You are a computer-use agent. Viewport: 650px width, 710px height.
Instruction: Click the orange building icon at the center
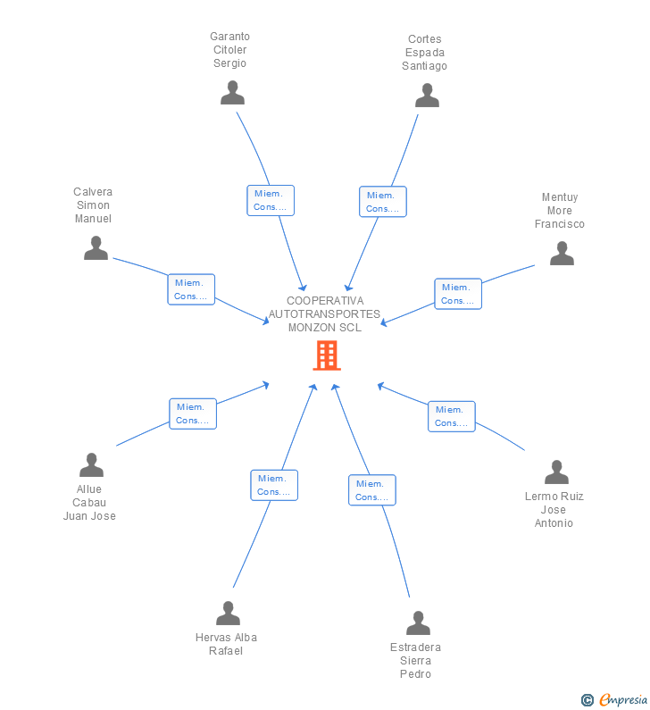326,355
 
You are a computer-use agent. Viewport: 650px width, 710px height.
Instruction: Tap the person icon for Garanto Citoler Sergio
232,93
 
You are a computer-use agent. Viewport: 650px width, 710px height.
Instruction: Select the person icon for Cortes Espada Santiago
427,96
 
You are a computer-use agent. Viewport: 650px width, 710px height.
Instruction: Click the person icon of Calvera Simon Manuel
96,248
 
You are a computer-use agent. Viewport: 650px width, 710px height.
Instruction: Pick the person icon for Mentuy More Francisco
562,254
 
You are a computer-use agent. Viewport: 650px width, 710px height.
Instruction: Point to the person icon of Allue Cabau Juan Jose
91,465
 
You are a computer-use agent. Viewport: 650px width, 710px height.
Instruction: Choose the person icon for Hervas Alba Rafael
228,614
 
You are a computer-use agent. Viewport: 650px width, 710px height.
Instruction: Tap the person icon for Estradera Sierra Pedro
418,623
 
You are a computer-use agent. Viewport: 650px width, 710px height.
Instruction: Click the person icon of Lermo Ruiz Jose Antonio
556,472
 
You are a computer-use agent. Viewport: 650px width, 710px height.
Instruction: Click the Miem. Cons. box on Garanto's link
271,200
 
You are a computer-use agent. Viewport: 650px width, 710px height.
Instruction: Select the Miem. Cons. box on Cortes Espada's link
382,202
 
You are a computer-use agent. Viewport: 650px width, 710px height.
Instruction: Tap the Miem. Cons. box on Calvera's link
191,289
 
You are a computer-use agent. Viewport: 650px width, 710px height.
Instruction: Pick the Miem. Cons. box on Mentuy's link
458,294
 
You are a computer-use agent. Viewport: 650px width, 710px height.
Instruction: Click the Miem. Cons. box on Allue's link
193,413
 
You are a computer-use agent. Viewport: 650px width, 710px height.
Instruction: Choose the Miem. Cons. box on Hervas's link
274,485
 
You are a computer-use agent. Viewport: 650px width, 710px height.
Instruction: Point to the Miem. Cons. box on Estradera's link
371,490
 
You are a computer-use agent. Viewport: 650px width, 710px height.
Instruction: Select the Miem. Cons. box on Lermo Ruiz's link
451,416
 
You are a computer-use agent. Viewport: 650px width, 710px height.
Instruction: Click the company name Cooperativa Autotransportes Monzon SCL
325,314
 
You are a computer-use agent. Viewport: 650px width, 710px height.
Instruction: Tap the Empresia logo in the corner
615,700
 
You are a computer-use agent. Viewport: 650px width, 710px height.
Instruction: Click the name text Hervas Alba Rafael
226,644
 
